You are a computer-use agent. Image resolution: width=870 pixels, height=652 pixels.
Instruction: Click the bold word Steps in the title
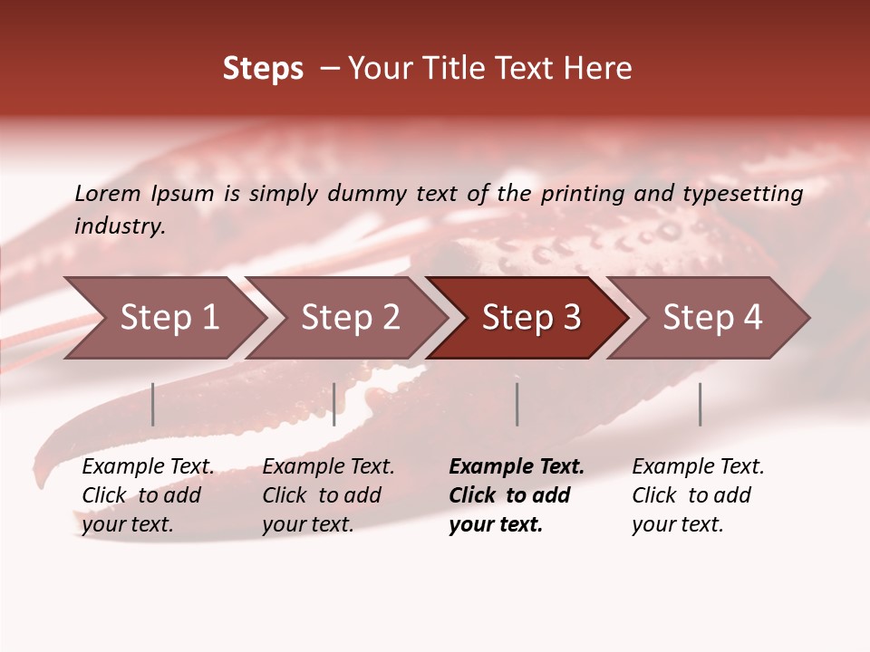[x=263, y=69]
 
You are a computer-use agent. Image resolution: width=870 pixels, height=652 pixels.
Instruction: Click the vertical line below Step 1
[x=153, y=404]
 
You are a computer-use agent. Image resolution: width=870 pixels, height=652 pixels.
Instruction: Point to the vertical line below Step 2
[x=334, y=404]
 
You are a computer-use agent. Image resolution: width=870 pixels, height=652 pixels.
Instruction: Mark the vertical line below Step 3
[x=517, y=404]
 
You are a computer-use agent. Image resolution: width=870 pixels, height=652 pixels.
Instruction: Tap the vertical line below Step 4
[x=701, y=404]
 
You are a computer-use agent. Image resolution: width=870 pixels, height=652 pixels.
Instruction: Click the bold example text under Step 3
[x=517, y=495]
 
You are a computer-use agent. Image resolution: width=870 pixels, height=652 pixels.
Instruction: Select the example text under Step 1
[x=148, y=495]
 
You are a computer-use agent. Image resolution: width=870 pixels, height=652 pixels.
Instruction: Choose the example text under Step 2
[x=328, y=495]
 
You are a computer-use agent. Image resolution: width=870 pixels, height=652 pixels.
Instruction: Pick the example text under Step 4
[x=698, y=495]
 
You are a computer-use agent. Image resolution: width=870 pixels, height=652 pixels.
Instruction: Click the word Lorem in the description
[x=108, y=194]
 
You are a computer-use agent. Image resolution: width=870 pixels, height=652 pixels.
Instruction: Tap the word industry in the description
[x=120, y=226]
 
